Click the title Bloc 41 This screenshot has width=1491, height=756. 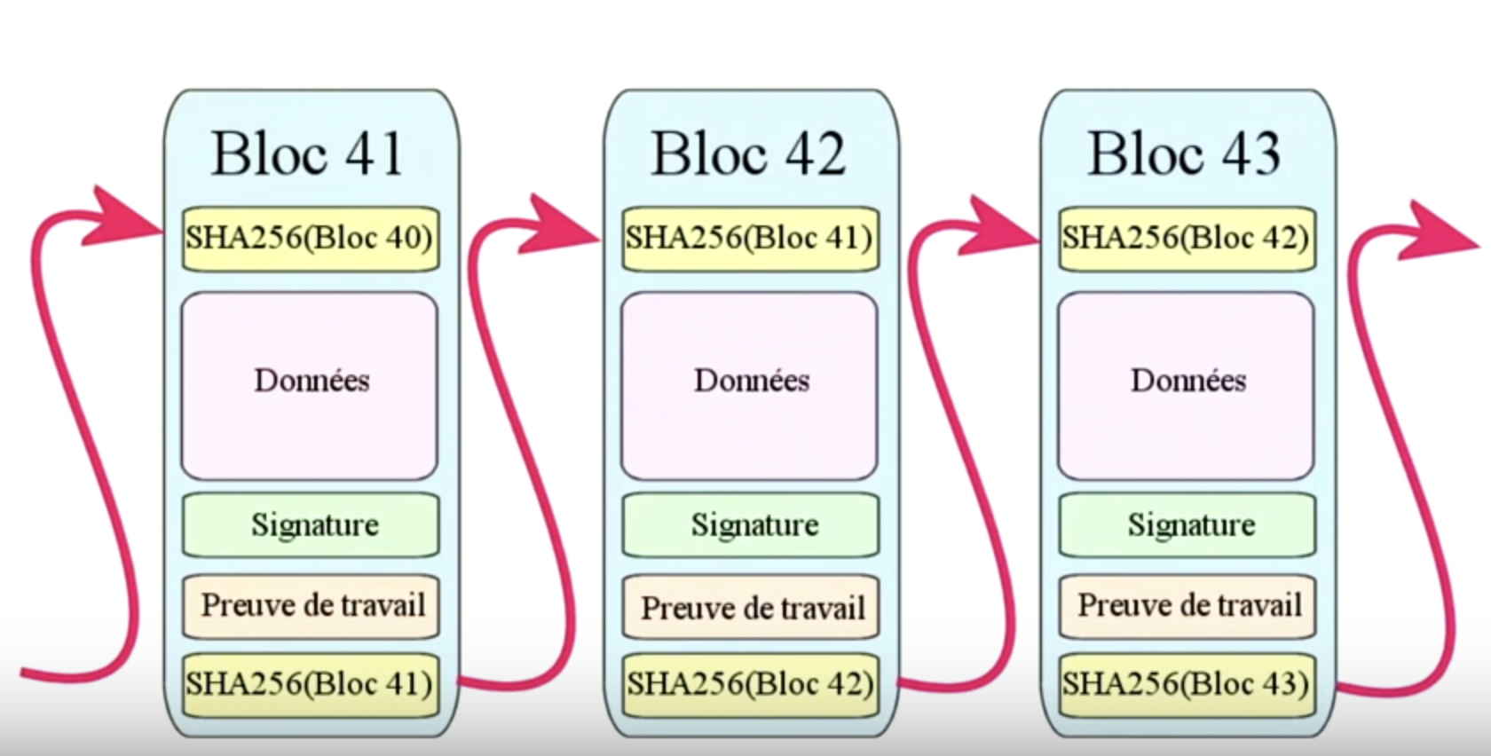click(308, 154)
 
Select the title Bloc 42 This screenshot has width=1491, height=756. click(748, 154)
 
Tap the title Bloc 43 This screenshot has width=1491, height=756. click(1185, 154)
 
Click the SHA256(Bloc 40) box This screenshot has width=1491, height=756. click(310, 239)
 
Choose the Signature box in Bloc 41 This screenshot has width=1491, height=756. click(311, 524)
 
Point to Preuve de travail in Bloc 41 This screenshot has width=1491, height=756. click(311, 606)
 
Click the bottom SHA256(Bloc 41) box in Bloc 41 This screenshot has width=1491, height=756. click(310, 684)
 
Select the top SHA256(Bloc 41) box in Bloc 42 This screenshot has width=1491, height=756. click(750, 239)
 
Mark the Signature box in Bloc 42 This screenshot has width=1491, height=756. click(751, 524)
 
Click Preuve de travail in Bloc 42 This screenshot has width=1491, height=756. click(751, 608)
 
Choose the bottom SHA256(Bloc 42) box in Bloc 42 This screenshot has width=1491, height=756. click(751, 684)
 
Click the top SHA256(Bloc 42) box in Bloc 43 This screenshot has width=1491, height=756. click(1187, 239)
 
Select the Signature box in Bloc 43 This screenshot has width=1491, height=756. click(1187, 524)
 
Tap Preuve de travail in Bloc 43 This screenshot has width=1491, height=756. click(1187, 606)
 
